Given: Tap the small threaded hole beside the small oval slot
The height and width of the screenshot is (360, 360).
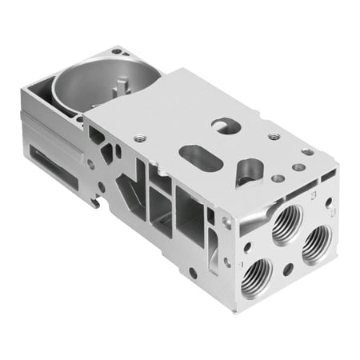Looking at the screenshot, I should click(274, 137).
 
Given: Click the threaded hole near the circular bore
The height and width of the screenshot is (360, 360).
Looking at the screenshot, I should click(140, 137).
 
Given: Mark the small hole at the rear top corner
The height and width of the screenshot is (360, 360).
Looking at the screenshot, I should click(118, 52).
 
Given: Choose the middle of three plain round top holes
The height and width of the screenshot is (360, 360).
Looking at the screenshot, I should click(298, 168).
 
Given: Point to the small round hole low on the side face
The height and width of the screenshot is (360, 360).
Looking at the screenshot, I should click(193, 272).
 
